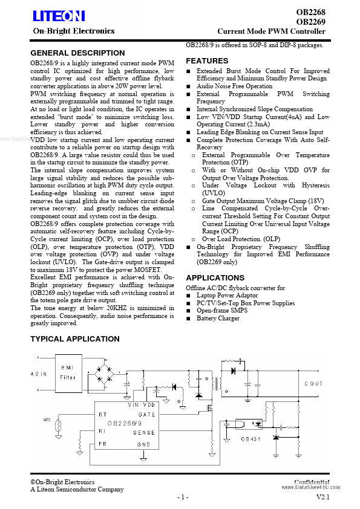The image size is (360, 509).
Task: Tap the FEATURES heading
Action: click(207, 61)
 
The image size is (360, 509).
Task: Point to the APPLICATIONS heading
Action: click(215, 278)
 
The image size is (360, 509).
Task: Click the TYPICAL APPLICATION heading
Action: click(75, 339)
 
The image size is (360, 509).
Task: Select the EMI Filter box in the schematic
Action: click(68, 372)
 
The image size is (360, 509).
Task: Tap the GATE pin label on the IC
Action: click(146, 414)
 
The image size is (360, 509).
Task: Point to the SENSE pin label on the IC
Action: click(145, 432)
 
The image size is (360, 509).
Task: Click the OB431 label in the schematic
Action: click(251, 439)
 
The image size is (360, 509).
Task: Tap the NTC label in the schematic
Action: click(47, 419)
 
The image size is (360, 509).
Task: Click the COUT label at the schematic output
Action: click(313, 384)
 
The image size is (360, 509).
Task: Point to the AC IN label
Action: click(38, 374)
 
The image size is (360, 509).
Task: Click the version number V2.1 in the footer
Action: click(323, 497)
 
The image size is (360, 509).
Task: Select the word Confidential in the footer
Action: click(312, 482)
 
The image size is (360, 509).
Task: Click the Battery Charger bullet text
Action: click(218, 318)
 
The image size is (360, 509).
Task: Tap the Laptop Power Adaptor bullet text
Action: click(227, 296)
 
